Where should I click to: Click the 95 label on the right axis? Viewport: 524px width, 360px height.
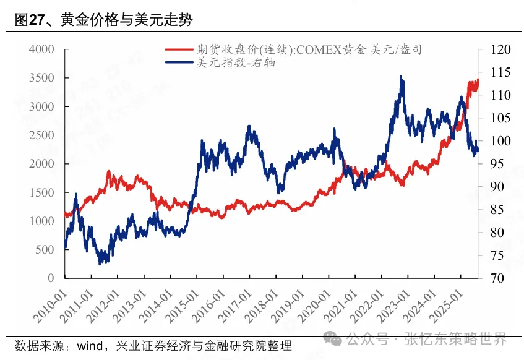point(491,164)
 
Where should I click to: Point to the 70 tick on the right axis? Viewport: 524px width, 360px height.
point(491,278)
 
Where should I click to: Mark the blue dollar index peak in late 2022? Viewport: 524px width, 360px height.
point(402,77)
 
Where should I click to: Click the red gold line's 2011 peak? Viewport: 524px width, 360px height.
point(109,172)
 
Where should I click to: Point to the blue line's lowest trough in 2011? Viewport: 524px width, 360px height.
point(101,264)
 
